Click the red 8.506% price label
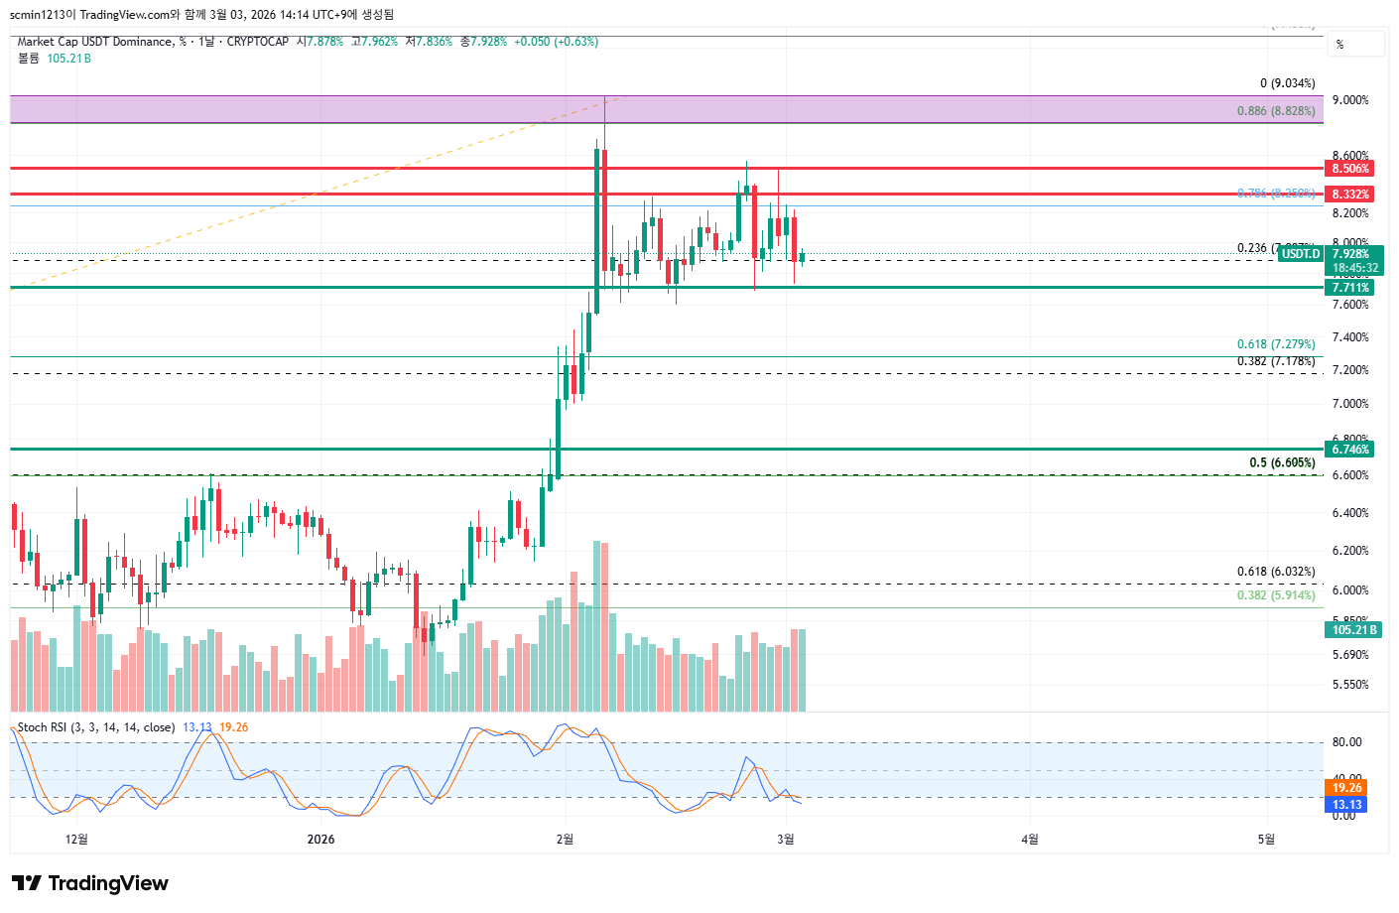point(1350,169)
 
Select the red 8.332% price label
point(1350,195)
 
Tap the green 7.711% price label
point(1350,288)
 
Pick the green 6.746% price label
point(1350,450)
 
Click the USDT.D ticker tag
point(1301,254)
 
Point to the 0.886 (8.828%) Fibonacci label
point(1275,111)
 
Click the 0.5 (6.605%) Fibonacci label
point(1282,462)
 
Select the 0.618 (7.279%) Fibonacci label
point(1275,344)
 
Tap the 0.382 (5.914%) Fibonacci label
point(1275,595)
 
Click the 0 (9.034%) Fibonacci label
point(1287,83)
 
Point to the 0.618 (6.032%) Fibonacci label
point(1275,572)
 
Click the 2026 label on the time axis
point(320,840)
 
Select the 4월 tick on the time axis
point(1030,840)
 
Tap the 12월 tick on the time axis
point(76,840)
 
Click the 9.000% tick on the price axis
point(1350,100)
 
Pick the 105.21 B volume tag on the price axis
point(1354,630)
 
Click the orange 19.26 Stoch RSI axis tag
point(1346,788)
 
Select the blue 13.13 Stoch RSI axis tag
point(1346,805)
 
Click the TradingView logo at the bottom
point(90,883)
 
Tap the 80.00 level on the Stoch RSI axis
point(1346,742)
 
